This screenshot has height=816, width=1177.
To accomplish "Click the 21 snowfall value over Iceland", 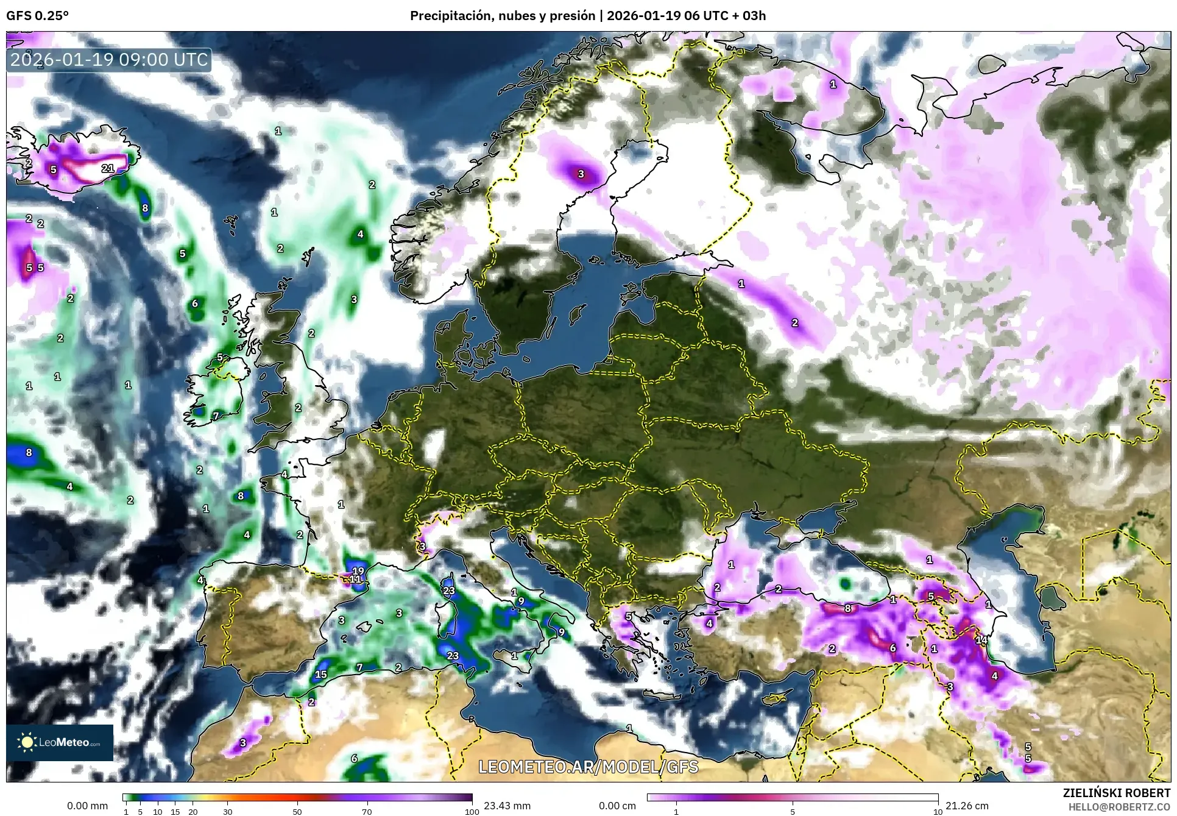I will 108,168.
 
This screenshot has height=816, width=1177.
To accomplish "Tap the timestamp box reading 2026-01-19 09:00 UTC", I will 110,60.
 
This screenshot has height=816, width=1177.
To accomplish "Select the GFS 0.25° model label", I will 37,16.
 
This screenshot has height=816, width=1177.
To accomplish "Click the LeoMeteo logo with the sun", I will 60,742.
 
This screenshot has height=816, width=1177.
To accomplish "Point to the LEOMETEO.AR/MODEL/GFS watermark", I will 588,767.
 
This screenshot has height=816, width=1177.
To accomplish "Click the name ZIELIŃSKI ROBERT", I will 1116,793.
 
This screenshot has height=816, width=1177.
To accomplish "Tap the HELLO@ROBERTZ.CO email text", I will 1119,806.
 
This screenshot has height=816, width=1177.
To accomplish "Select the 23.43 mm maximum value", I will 507,806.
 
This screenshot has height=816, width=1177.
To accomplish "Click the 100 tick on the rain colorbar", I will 472,812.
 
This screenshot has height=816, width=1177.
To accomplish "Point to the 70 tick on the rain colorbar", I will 367,812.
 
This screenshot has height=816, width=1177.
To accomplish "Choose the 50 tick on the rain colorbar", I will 297,812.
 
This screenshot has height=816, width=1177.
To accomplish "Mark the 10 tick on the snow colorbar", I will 938,812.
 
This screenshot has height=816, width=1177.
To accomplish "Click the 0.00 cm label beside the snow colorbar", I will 617,806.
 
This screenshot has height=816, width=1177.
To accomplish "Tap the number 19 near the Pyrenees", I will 358,571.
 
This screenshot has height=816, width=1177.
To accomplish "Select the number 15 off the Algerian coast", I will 320,674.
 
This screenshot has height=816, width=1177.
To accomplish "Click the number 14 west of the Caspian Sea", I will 981,640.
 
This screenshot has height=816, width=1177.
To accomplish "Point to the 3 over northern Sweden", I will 581,174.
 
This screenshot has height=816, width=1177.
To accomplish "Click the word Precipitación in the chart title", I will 451,16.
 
